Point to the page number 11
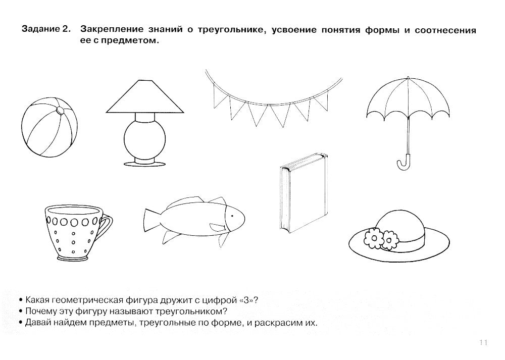pyautogui.click(x=481, y=343)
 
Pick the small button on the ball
pyautogui.click(x=60, y=111)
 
